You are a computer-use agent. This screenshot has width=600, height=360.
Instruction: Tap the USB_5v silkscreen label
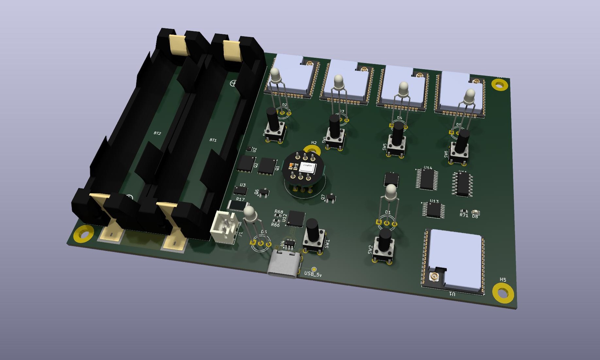pyautogui.click(x=313, y=274)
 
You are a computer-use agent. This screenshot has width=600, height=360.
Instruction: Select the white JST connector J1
pyautogui.click(x=224, y=227)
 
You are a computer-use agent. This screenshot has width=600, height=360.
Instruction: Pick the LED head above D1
pyautogui.click(x=391, y=192)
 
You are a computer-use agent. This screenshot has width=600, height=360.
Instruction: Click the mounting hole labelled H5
pyautogui.click(x=503, y=293)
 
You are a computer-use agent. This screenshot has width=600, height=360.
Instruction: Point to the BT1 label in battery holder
pyautogui.click(x=213, y=140)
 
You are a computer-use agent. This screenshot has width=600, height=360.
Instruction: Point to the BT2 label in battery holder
pyautogui.click(x=157, y=133)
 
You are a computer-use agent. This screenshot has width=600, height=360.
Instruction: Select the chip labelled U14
pyautogui.click(x=427, y=180)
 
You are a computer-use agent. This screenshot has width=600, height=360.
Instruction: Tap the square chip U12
pyautogui.click(x=296, y=218)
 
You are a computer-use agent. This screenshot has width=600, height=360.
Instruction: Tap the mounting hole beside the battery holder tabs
pyautogui.click(x=84, y=234)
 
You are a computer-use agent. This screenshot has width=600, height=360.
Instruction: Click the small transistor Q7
pyautogui.click(x=331, y=197)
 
